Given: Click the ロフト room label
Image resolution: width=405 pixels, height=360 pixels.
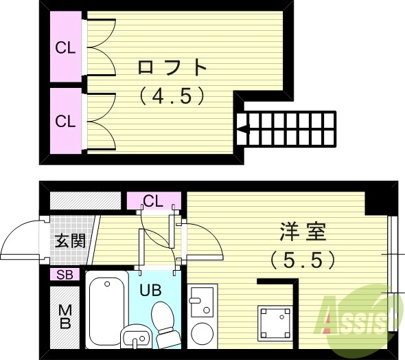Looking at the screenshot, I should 172,67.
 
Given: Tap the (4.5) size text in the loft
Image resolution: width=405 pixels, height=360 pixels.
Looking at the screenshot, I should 172,96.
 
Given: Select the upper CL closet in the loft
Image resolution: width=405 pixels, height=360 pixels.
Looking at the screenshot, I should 65,48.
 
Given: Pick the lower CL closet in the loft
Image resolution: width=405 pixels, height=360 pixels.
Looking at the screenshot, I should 65,121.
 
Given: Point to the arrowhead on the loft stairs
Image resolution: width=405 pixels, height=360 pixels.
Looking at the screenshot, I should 242,126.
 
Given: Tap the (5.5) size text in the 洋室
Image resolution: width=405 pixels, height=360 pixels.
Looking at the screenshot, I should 302,260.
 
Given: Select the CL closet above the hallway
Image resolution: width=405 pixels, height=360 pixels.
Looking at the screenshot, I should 153,201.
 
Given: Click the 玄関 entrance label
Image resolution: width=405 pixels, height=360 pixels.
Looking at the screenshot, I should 69,241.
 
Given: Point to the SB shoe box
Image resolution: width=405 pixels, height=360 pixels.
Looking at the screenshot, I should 65,275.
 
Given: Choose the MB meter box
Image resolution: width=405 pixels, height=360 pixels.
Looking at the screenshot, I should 65,317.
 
